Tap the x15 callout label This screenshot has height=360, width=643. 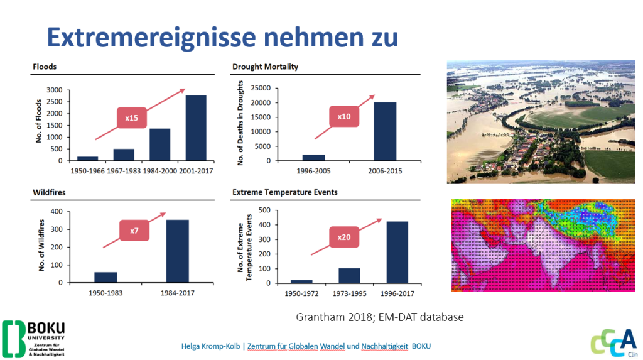[132, 117]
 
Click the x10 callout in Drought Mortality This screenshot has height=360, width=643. [344, 117]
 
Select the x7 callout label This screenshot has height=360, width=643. [134, 231]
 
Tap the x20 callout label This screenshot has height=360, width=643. [343, 236]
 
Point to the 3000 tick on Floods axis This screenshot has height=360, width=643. [54, 90]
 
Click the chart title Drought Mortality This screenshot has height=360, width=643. [265, 67]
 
